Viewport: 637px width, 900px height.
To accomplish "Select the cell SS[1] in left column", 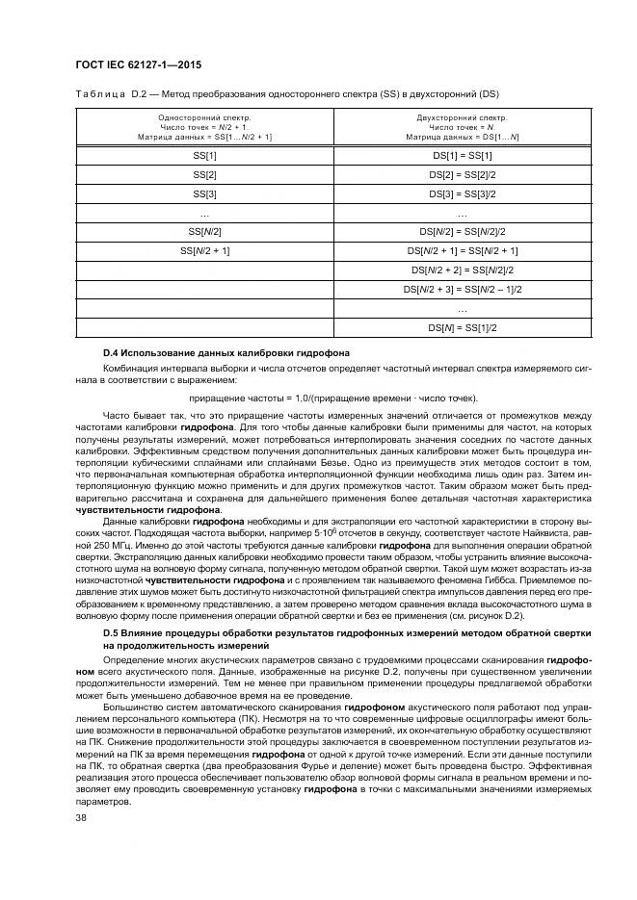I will (204, 155).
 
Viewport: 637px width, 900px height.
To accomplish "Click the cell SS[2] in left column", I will (204, 174).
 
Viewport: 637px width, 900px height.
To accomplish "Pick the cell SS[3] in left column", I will (204, 193).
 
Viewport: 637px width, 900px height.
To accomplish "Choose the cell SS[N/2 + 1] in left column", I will (204, 250).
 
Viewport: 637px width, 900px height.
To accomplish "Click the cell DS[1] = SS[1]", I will (462, 155).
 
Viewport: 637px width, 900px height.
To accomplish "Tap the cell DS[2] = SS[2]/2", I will (462, 174).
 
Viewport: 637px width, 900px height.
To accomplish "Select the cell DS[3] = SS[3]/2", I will (462, 193).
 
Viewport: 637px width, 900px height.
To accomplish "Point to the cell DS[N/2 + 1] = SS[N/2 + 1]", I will (462, 250).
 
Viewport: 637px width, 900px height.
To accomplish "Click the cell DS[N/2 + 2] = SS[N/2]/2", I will (462, 270).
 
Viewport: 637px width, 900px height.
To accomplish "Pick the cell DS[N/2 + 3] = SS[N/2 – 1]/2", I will (462, 289).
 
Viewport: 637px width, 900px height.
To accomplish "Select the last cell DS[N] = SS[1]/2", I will (462, 327).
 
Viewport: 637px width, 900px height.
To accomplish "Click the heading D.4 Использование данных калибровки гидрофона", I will (226, 353).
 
